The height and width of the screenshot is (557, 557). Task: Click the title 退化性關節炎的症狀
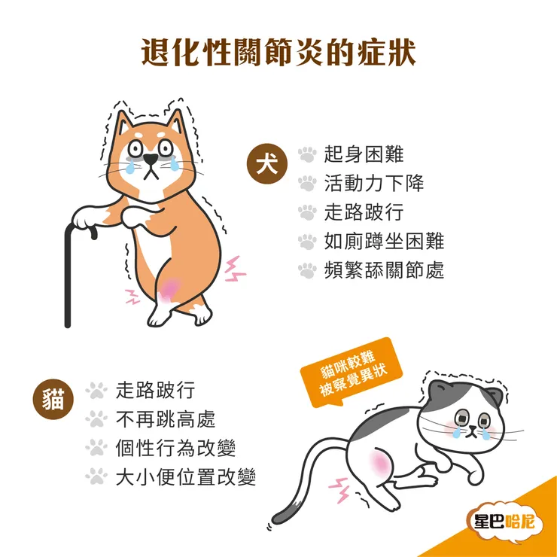point(278,55)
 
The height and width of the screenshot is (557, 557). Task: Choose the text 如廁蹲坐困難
point(384,241)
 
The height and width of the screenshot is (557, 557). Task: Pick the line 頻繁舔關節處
point(384,269)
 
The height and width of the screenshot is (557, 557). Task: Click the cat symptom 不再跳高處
point(165,419)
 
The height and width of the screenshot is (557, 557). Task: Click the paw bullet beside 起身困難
point(307,154)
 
